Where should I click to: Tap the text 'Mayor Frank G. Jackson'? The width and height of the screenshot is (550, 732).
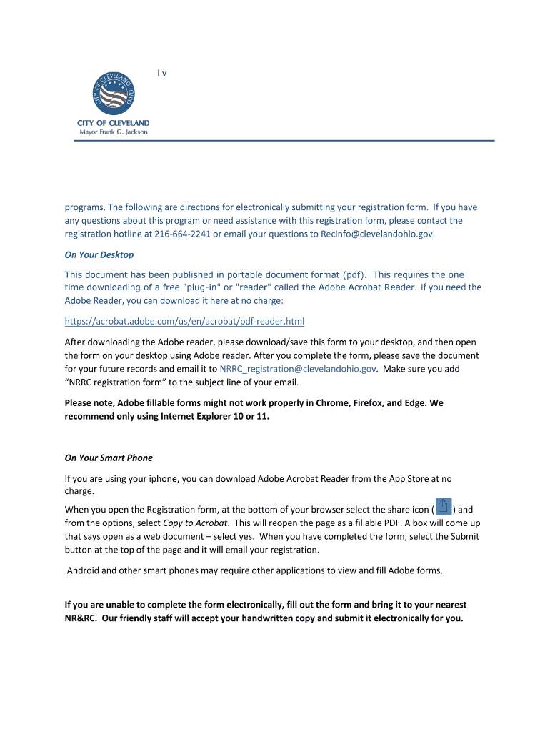pyautogui.click(x=113, y=132)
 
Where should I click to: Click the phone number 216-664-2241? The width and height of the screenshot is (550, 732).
pyautogui.click(x=182, y=234)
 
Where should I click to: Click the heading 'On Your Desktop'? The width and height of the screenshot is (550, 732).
pyautogui.click(x=99, y=254)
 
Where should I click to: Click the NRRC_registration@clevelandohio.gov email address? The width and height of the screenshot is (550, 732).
pyautogui.click(x=298, y=369)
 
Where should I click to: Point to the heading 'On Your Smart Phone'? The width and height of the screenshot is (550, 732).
pyautogui.click(x=109, y=457)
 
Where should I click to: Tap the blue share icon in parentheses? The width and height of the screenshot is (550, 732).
pyautogui.click(x=444, y=508)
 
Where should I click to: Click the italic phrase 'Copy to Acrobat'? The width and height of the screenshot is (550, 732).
pyautogui.click(x=196, y=523)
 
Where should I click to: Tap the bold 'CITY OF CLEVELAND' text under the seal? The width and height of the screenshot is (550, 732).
pyautogui.click(x=113, y=123)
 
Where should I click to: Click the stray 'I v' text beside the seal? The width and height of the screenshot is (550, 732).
pyautogui.click(x=162, y=73)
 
